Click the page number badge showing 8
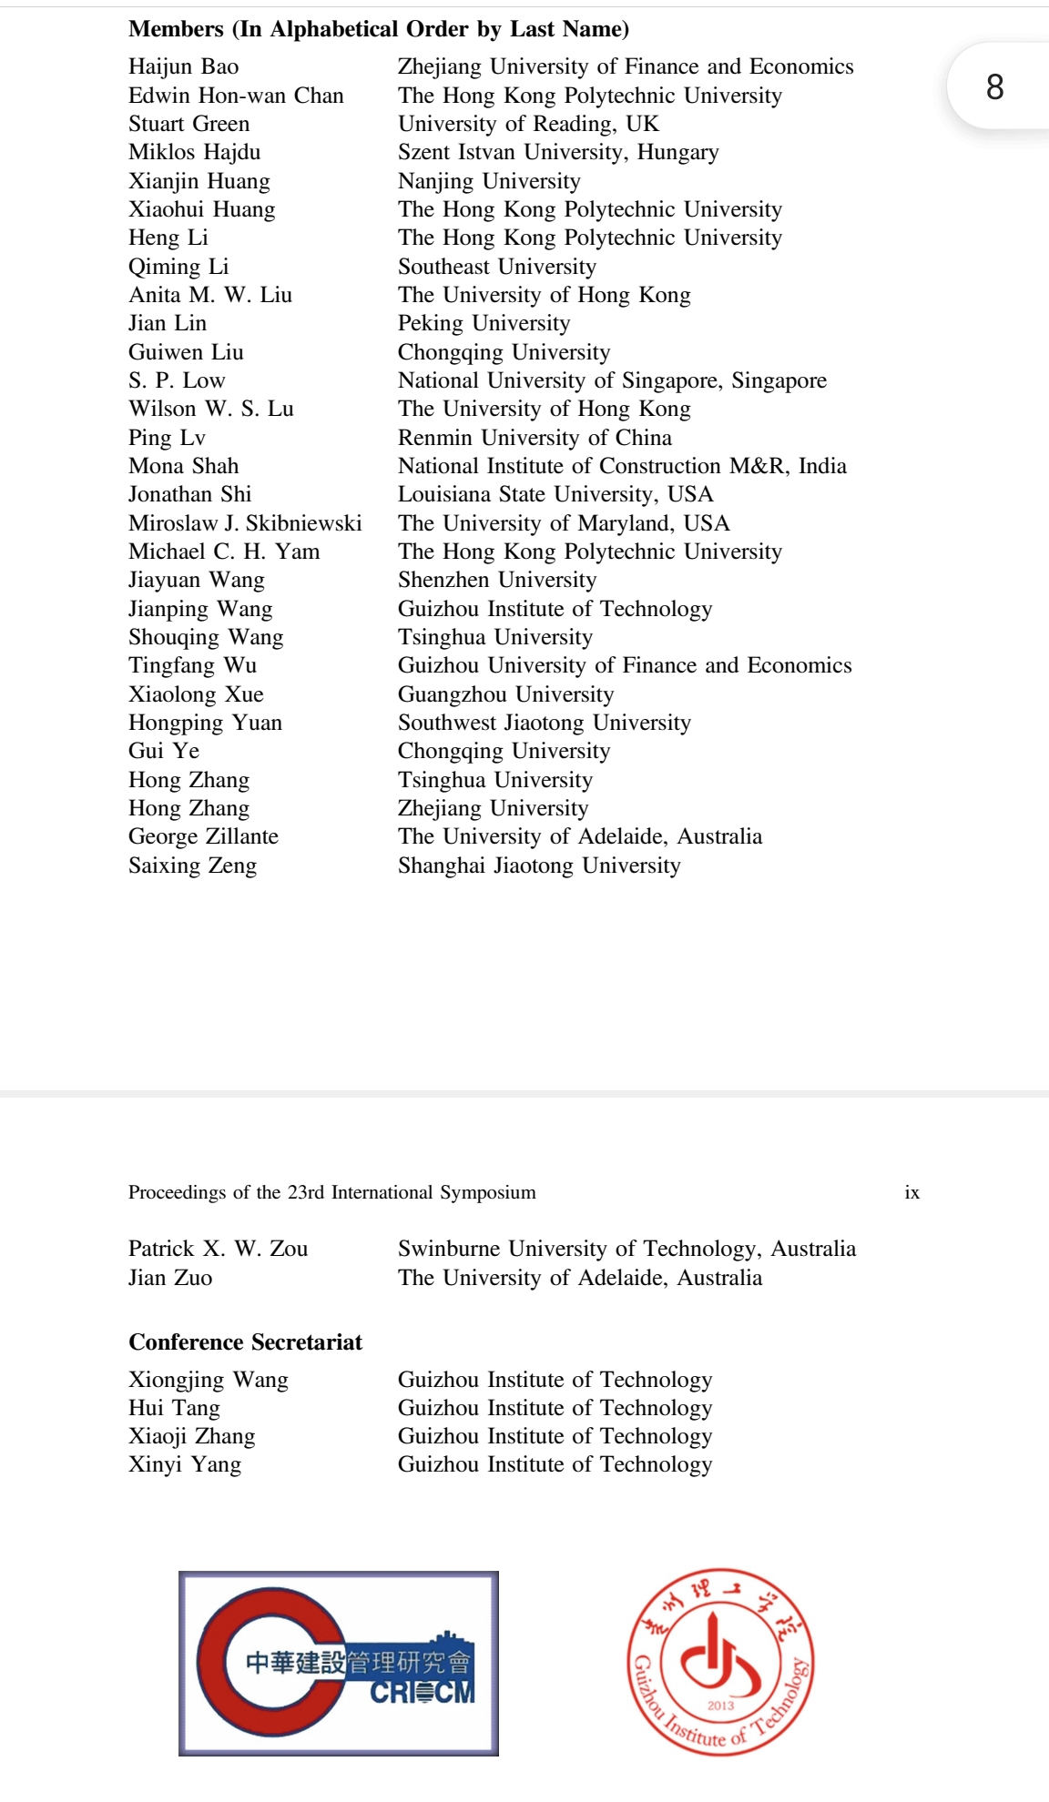(994, 86)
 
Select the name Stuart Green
(188, 124)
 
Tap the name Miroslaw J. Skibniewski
(245, 523)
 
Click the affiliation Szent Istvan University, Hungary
(558, 152)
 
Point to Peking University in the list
(484, 323)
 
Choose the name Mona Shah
(183, 466)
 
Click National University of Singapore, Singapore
(612, 380)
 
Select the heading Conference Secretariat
(245, 1342)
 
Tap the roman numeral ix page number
(912, 1192)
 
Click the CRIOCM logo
(338, 1663)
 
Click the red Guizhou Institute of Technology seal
(720, 1662)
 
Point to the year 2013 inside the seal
(720, 1706)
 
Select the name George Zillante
(203, 836)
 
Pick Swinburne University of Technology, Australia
(626, 1249)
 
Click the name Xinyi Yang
(185, 1464)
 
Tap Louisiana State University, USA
(555, 494)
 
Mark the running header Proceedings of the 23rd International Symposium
(331, 1192)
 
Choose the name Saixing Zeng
(192, 866)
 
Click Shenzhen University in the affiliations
(497, 580)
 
